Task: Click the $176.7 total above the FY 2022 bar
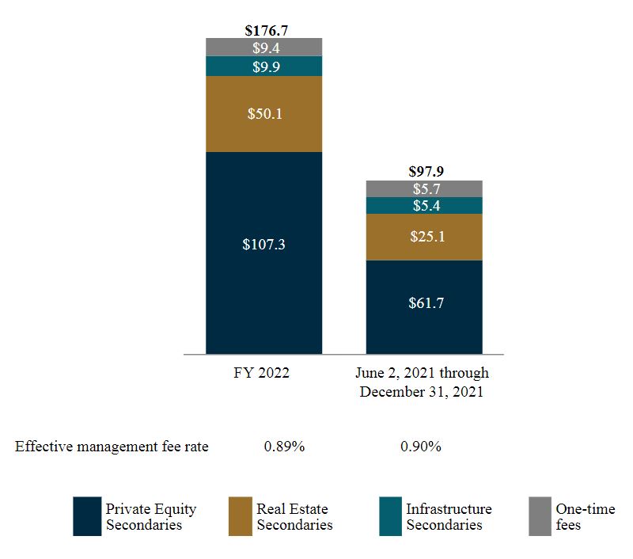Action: click(x=263, y=31)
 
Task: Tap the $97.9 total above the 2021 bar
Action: click(x=424, y=172)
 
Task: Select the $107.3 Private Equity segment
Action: click(x=263, y=245)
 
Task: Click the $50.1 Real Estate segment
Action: click(x=263, y=114)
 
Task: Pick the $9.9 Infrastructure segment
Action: click(x=263, y=67)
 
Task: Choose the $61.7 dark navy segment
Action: click(x=424, y=302)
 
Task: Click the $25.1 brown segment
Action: click(x=424, y=237)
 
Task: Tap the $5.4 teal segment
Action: click(x=424, y=206)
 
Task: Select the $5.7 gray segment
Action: click(x=424, y=189)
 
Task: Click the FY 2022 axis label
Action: click(x=263, y=373)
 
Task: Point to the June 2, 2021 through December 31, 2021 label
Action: click(x=424, y=382)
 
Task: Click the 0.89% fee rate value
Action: click(x=284, y=447)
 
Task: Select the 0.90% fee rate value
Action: click(x=421, y=447)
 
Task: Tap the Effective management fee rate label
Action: click(x=112, y=447)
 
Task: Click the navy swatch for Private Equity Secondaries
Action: click(x=87, y=516)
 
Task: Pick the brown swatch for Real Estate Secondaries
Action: click(x=239, y=516)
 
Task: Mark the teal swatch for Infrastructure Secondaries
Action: click(x=389, y=516)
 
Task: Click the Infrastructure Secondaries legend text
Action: click(x=448, y=516)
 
